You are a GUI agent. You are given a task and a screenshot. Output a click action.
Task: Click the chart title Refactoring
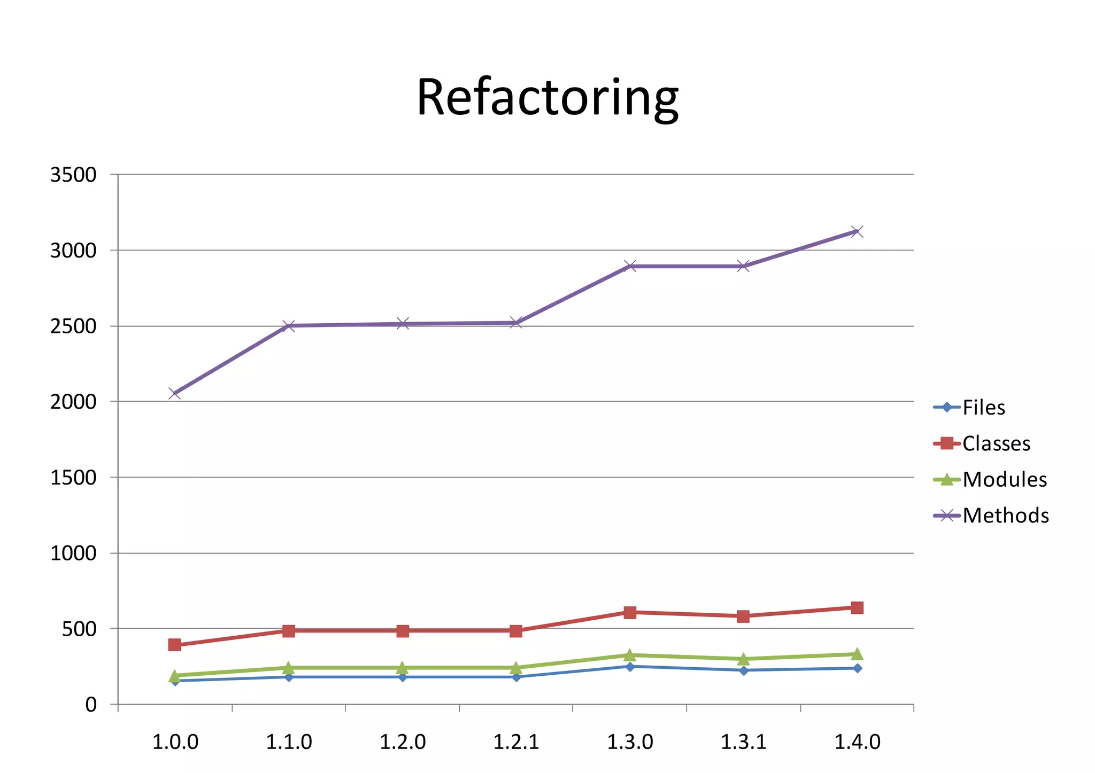point(547,98)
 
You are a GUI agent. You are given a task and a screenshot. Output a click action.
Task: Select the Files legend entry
point(983,408)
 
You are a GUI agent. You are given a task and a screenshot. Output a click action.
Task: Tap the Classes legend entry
point(996,443)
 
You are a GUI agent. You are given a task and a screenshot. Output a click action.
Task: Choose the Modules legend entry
point(1004,480)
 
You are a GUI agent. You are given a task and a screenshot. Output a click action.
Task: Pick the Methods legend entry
point(1005,516)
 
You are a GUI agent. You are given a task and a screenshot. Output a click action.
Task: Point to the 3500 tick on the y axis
point(73,175)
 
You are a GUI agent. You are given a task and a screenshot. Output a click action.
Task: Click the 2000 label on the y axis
point(73,402)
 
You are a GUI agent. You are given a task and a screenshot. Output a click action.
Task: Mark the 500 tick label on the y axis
point(79,629)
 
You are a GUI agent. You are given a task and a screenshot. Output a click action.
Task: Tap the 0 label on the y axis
point(91,705)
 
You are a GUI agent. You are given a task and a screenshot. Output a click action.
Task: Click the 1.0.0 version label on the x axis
point(175,742)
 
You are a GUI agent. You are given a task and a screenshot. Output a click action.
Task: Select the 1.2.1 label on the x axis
point(516,742)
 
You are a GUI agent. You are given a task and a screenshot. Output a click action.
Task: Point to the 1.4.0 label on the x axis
point(857,742)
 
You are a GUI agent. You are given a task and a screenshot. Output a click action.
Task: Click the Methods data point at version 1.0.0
point(174,394)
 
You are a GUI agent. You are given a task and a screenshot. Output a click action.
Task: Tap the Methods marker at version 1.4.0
point(857,232)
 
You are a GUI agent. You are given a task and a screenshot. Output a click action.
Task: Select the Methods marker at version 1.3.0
point(630,266)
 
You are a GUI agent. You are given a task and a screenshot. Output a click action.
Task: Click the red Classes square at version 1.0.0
point(174,645)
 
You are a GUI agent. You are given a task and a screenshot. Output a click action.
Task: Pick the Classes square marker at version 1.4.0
point(857,607)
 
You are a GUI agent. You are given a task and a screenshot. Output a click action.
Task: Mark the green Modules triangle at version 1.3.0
point(630,655)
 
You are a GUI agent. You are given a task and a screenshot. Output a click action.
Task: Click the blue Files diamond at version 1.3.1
point(743,670)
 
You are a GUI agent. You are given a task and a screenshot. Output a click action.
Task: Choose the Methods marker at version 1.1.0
point(288,325)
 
